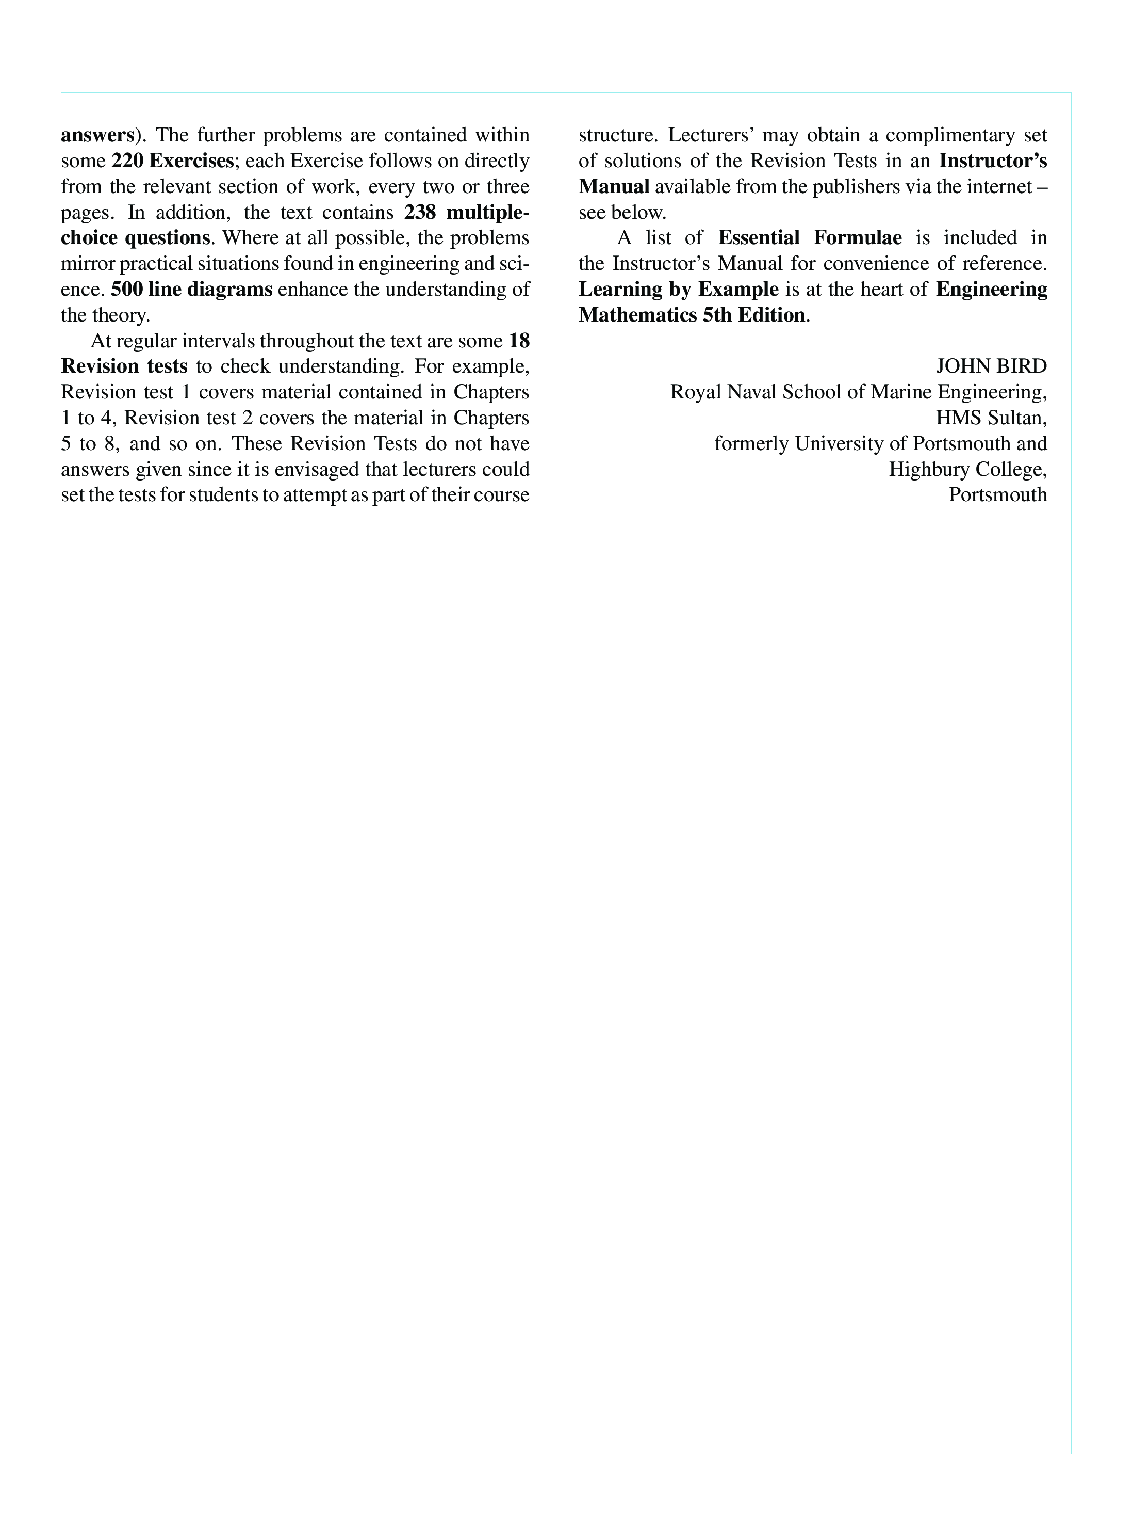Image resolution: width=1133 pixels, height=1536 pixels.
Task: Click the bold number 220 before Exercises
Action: pyautogui.click(x=127, y=161)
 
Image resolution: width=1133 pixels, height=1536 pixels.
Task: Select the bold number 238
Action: pyautogui.click(x=420, y=212)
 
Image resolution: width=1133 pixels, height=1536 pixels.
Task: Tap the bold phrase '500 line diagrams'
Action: pyautogui.click(x=191, y=289)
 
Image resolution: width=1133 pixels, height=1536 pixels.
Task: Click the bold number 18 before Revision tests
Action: pyautogui.click(x=519, y=341)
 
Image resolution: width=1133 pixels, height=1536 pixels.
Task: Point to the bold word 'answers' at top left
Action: pyautogui.click(x=96, y=135)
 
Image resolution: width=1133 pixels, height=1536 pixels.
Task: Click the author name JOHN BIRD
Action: pyautogui.click(x=991, y=366)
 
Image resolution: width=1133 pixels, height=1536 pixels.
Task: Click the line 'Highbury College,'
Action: pyautogui.click(x=967, y=469)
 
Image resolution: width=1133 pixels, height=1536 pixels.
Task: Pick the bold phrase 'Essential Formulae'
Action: pyautogui.click(x=810, y=237)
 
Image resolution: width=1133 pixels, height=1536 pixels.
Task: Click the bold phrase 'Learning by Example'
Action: pyautogui.click(x=678, y=289)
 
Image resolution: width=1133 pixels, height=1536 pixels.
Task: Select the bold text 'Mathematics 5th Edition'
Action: pyautogui.click(x=692, y=315)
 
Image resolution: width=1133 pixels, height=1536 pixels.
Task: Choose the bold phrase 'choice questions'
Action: pyautogui.click(x=135, y=237)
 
